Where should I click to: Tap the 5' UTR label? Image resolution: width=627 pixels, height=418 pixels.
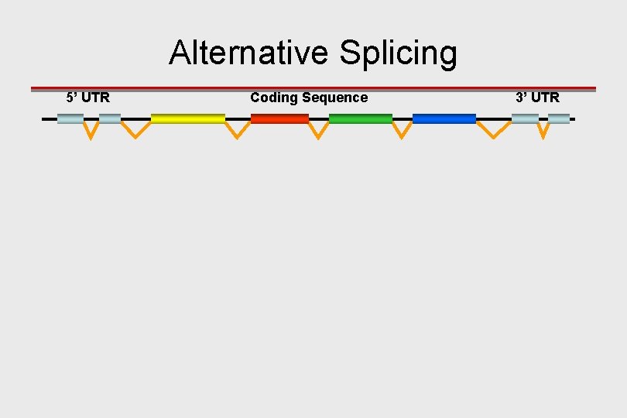click(x=88, y=98)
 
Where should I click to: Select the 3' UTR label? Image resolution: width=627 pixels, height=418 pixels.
click(x=537, y=98)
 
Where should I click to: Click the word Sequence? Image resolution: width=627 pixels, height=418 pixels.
click(x=335, y=98)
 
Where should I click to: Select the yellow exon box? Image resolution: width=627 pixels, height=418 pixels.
click(x=188, y=118)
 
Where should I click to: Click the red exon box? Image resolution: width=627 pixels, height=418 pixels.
click(x=279, y=118)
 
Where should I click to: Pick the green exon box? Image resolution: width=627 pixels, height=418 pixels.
click(x=361, y=118)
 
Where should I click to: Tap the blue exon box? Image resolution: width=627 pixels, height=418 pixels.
click(x=444, y=118)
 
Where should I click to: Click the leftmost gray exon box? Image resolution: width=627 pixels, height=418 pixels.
click(x=70, y=118)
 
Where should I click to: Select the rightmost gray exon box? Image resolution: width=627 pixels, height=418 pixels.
click(x=559, y=118)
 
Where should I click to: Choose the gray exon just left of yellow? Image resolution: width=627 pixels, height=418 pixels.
click(x=110, y=118)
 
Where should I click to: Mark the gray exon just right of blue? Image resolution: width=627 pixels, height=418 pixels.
click(x=525, y=118)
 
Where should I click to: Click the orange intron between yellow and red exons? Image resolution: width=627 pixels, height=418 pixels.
click(x=238, y=131)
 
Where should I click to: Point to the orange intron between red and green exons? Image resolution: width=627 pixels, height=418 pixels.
click(x=319, y=131)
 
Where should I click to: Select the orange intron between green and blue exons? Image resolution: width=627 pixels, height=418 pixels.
click(x=402, y=131)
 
